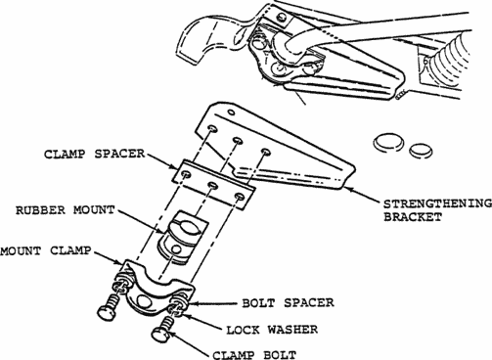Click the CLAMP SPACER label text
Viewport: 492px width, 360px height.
click(95, 154)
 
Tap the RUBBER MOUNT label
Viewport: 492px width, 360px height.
click(66, 210)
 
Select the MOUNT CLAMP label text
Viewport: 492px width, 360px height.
click(46, 250)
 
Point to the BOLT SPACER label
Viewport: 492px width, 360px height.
click(288, 303)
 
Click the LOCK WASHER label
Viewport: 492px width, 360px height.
click(272, 330)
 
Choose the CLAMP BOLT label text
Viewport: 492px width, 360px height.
click(254, 355)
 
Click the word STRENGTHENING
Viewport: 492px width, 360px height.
click(437, 204)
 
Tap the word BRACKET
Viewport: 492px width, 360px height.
click(413, 217)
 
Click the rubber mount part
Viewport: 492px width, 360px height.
click(182, 237)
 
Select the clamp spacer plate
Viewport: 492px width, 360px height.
click(213, 185)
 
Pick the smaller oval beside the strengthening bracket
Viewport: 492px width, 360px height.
click(421, 151)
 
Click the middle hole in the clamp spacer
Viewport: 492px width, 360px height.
click(213, 185)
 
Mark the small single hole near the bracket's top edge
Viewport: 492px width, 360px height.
click(231, 112)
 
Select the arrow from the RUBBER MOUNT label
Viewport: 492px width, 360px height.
click(142, 222)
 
